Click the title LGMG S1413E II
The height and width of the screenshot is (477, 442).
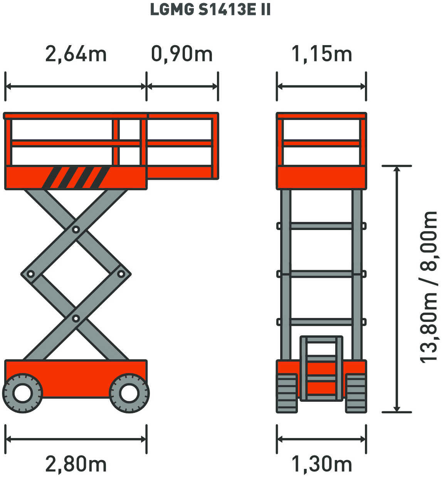tap(210, 10)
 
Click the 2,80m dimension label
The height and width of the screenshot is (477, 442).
tap(76, 464)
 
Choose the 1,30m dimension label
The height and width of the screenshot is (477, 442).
tap(321, 464)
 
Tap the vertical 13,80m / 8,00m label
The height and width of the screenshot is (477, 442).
tap(429, 287)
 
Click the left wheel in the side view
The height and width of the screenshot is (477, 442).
tap(23, 393)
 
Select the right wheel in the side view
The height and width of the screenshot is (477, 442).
tap(129, 393)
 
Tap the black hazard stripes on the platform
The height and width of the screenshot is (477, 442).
tap(76, 177)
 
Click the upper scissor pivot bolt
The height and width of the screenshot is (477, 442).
tap(76, 230)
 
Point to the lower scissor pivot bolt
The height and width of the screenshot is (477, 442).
tap(76, 319)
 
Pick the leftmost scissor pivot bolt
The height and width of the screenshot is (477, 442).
tap(31, 274)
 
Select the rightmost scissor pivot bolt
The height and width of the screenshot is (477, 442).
tap(121, 274)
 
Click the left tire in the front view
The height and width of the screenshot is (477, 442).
tap(287, 393)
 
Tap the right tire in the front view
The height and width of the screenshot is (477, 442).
tap(356, 393)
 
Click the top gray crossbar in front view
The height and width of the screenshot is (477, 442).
tap(321, 226)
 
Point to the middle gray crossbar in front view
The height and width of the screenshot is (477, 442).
tap(321, 274)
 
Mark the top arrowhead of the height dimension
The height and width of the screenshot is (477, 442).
tap(397, 169)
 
